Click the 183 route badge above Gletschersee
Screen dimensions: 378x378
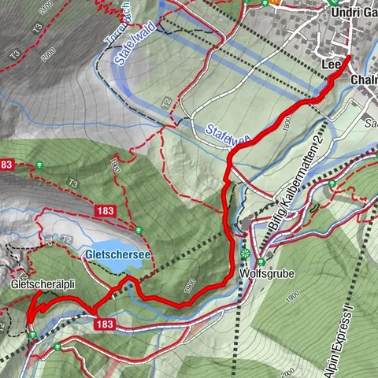[107, 211]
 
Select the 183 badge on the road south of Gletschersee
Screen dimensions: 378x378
[107, 324]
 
